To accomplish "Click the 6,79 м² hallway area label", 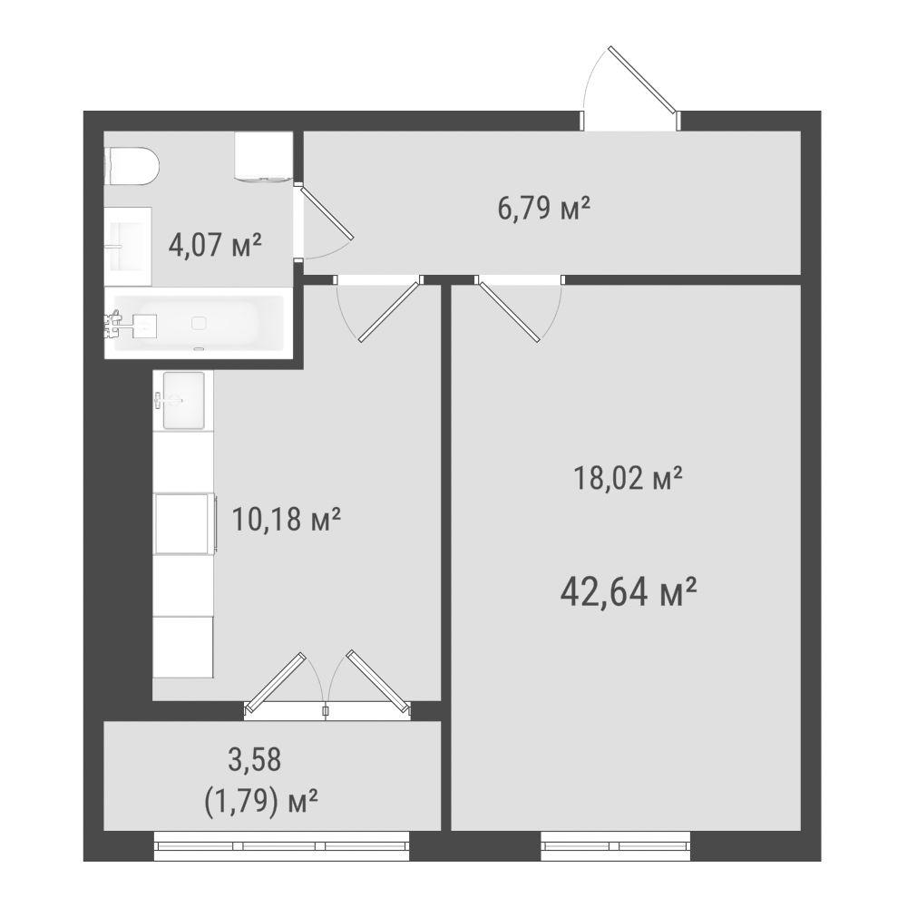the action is [x=543, y=209].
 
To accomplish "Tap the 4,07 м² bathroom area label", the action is [x=215, y=245].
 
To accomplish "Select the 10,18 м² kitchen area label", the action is [x=286, y=519].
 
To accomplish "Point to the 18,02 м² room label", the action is [x=628, y=478].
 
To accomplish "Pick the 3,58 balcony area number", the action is [x=255, y=759].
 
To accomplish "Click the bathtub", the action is [x=199, y=324].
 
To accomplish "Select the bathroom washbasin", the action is [x=129, y=247].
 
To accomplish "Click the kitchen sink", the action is [x=183, y=400].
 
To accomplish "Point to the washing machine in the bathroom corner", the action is [x=263, y=156].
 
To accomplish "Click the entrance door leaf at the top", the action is [x=643, y=79].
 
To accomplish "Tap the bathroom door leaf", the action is [x=327, y=212].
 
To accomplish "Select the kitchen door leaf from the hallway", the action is [x=389, y=311].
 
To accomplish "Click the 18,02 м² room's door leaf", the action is [x=509, y=311].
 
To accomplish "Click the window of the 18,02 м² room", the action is [x=616, y=845].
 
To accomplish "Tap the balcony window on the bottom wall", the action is [x=282, y=845].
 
